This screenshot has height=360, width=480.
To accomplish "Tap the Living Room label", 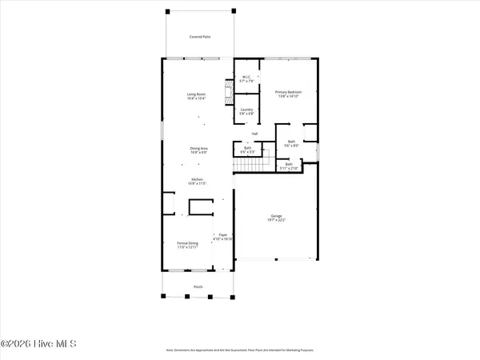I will pyautogui.click(x=197, y=94).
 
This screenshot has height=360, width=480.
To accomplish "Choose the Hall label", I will pyautogui.click(x=254, y=133).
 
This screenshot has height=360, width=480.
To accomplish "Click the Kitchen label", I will pyautogui.click(x=197, y=179).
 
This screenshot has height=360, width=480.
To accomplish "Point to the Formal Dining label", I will pyautogui.click(x=187, y=242).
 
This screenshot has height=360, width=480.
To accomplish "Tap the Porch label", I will pyautogui.click(x=197, y=286).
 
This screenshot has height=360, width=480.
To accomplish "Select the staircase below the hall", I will pyautogui.click(x=250, y=165).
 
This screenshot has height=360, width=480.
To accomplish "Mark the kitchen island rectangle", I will pyautogui.click(x=198, y=207).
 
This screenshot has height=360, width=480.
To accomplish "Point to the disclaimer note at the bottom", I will pyautogui.click(x=240, y=350).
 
